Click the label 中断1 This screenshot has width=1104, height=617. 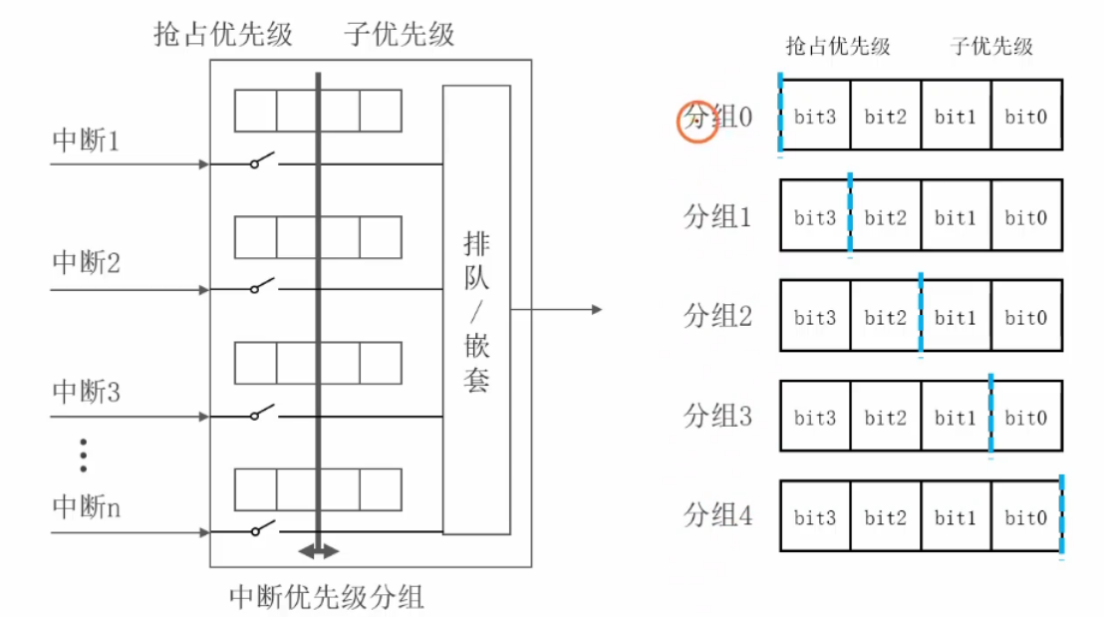coord(86,141)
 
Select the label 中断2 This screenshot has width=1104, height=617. coord(86,265)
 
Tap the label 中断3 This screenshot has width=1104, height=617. coord(86,392)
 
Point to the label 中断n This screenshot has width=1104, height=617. coord(86,507)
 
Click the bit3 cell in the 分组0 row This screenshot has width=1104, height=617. coord(815,117)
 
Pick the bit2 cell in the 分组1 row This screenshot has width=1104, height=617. coord(885,217)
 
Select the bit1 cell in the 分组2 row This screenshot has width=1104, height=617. coord(956,318)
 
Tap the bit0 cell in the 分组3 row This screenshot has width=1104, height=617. coord(1025,418)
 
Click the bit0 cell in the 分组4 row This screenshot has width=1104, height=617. coord(1025,517)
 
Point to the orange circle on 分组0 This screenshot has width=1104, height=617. coord(697,121)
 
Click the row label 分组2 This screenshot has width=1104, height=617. coord(717,317)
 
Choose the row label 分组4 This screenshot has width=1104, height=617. coord(717,515)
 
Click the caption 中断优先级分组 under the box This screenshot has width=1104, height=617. coord(327,597)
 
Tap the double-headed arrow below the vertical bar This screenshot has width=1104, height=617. coord(319,551)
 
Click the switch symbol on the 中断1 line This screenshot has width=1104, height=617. coord(262,160)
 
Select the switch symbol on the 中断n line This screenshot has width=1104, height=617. coord(262,529)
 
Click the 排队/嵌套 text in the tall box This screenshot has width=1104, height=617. coord(476,311)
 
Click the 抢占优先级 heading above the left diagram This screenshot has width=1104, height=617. coord(223,35)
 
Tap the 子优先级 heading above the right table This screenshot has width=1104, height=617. coord(991,46)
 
